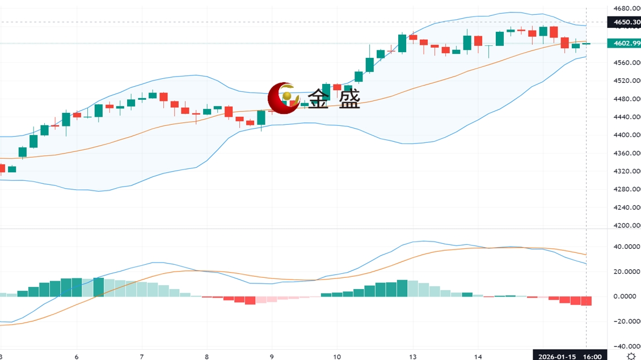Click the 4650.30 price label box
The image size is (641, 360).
tap(623, 22)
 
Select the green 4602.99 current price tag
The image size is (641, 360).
tap(623, 43)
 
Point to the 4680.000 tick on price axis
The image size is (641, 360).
tap(626, 9)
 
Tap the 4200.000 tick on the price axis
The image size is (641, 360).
tap(626, 226)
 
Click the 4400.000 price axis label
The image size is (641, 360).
tap(626, 135)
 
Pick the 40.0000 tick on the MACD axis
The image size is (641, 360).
tap(626, 247)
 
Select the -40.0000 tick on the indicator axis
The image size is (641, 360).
tap(625, 346)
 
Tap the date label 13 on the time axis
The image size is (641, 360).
tap(414, 357)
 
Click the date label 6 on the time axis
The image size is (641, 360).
tap(77, 357)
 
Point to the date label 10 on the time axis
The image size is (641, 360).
tap(338, 357)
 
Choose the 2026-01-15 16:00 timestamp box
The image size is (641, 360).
tap(570, 356)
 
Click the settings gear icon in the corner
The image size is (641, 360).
tap(631, 356)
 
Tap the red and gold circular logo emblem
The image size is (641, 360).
tap(284, 98)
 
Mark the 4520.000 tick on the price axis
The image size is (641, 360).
tap(626, 81)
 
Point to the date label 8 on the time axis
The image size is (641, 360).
tap(207, 357)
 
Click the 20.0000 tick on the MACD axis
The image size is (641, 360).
tap(626, 272)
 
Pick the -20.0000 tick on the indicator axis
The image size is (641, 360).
tap(625, 321)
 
